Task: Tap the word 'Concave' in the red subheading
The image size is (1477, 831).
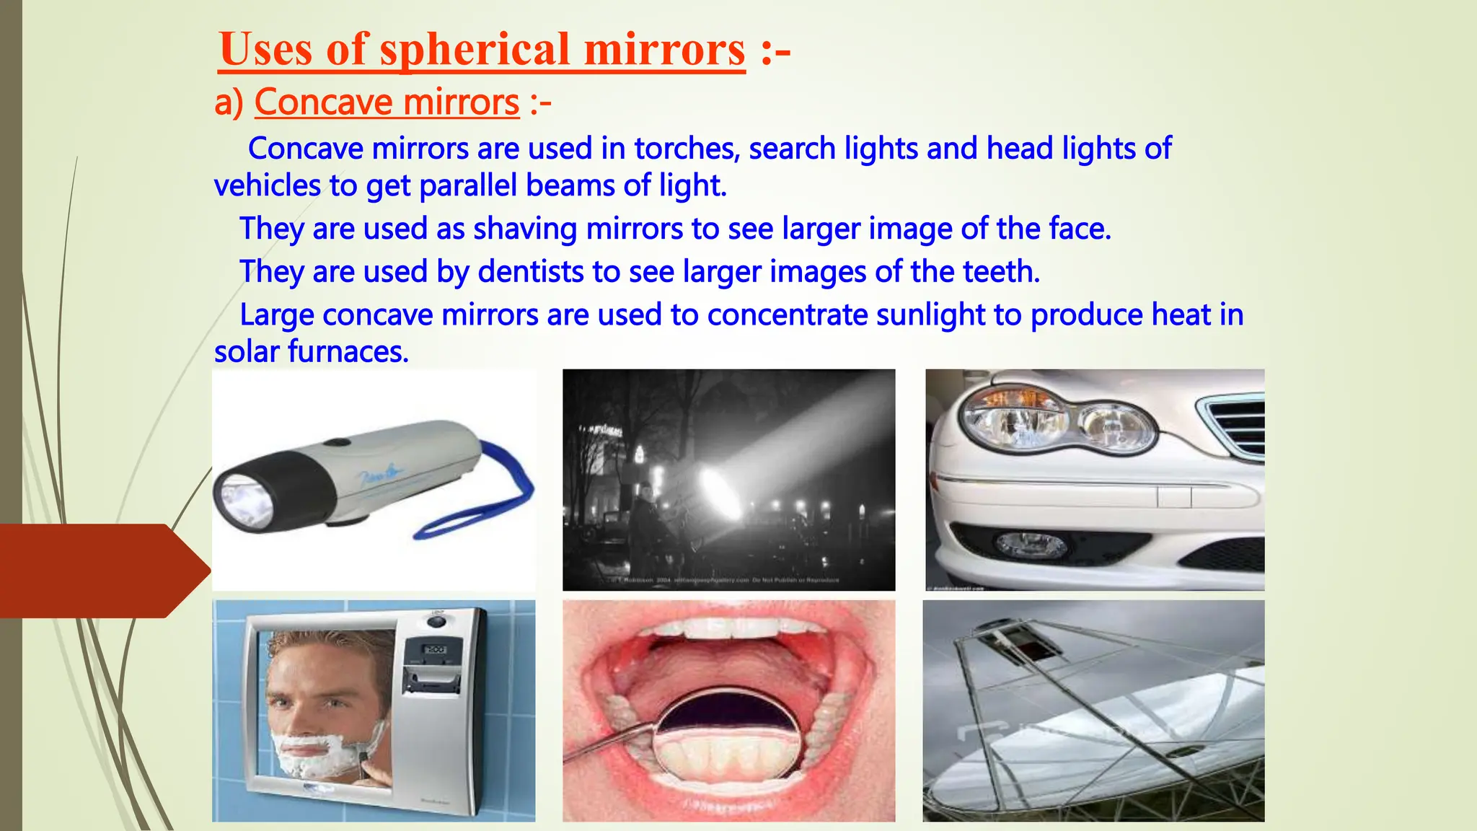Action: click(315, 102)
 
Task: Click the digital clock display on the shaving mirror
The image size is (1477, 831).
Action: click(434, 650)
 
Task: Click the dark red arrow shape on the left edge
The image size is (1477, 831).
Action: click(101, 571)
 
